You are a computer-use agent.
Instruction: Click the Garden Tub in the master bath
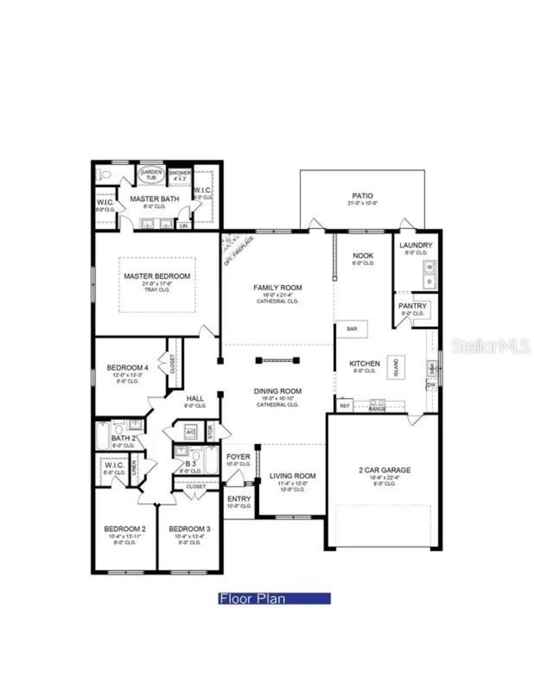click(151, 175)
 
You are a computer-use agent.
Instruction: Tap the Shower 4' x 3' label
click(180, 175)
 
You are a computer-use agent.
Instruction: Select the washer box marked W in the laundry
click(430, 267)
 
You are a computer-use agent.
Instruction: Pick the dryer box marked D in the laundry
click(430, 281)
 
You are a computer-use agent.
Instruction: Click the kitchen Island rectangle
click(395, 367)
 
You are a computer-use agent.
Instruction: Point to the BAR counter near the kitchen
click(352, 329)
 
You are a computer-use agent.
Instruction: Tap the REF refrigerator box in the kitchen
click(345, 405)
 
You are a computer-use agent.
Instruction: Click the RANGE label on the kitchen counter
click(378, 409)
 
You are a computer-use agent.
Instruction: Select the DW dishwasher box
click(431, 384)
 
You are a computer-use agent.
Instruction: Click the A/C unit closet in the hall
click(191, 432)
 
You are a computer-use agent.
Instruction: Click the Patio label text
click(363, 196)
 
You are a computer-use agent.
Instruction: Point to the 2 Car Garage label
click(385, 470)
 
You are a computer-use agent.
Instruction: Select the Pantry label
click(412, 306)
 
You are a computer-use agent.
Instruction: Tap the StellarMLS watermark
click(491, 346)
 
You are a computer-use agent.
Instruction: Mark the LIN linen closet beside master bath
click(184, 226)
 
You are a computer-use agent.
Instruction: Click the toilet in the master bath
click(105, 174)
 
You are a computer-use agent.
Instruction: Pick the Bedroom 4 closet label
click(172, 364)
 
